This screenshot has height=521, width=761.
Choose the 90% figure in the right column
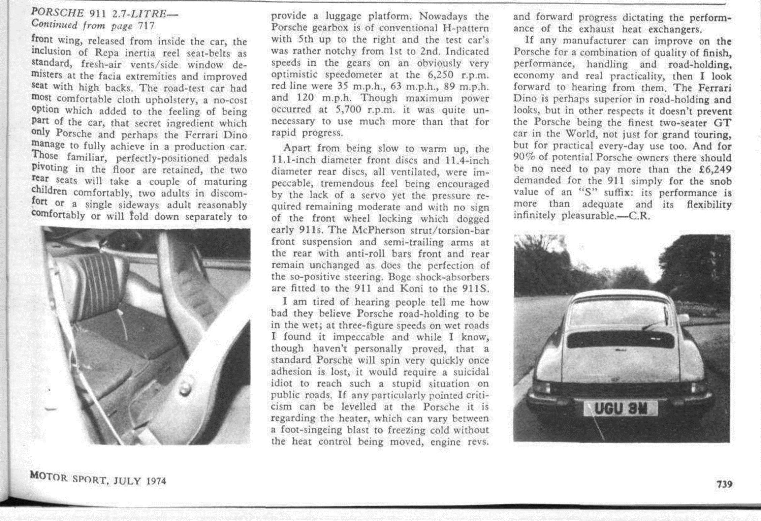click(521, 158)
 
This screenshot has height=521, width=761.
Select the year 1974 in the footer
click(156, 481)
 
